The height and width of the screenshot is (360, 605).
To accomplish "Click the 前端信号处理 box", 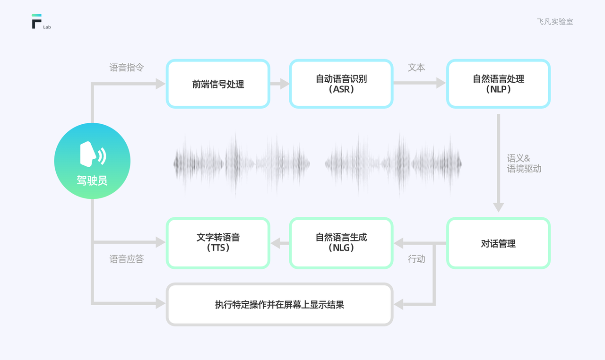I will [x=218, y=84].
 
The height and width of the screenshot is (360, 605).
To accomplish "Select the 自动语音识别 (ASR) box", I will [x=341, y=84].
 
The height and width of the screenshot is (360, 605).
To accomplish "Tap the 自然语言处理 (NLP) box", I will [x=498, y=84].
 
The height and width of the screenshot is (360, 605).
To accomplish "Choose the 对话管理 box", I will [x=498, y=244].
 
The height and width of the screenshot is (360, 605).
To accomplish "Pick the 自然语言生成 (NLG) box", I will [x=341, y=243].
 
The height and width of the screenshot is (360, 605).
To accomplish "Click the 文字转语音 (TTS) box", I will [x=218, y=243].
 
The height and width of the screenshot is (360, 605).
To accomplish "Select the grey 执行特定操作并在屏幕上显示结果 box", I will [x=279, y=305].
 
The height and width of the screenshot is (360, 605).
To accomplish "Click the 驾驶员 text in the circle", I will [x=92, y=180].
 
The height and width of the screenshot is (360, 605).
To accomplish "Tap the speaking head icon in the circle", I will [x=92, y=154].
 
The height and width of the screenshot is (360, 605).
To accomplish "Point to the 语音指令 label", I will [x=127, y=68].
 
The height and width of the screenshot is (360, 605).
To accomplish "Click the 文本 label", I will [x=416, y=68].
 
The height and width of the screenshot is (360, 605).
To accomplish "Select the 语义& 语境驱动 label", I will [x=524, y=163].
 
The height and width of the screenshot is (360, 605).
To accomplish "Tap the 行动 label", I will [x=416, y=259].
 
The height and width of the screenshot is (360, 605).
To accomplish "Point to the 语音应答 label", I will [x=127, y=259].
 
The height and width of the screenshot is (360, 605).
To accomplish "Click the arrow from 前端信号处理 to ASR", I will [x=280, y=84].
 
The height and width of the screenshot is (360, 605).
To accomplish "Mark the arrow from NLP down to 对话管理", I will [x=498, y=163].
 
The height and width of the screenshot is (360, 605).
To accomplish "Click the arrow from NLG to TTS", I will [x=280, y=243].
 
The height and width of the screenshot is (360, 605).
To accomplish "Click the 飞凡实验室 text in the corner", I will [x=555, y=22].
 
